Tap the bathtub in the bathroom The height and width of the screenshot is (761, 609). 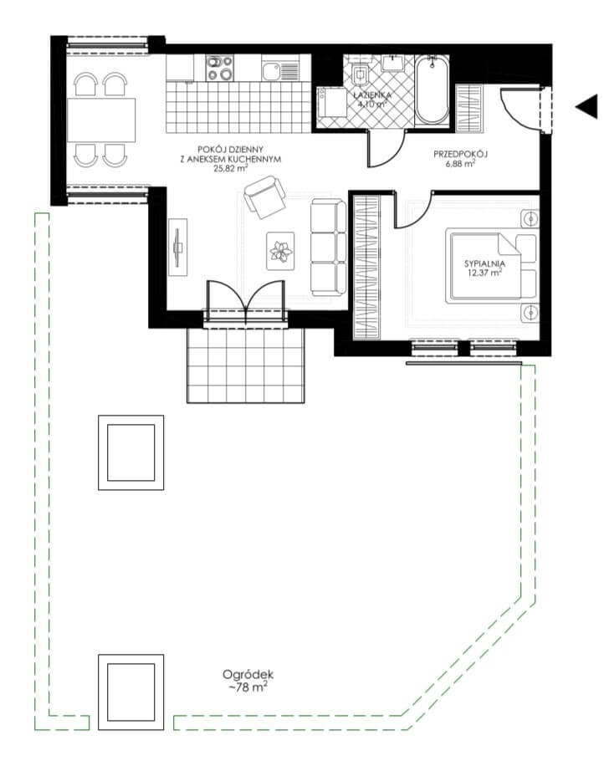coord(432,90)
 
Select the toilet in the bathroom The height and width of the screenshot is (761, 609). coord(361,72)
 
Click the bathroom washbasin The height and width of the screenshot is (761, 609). coord(392,63)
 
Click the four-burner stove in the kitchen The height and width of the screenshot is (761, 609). coord(219,68)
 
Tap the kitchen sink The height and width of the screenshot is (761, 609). coord(279,68)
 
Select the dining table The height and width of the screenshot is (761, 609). coord(101,120)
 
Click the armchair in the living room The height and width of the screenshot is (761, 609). coord(264,197)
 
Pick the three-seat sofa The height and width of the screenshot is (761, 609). coord(329,248)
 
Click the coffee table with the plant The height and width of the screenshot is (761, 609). coord(280,251)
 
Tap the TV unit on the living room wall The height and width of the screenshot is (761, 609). coord(177,247)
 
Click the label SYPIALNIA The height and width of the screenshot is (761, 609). coord(484,264)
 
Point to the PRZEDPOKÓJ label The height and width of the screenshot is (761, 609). coord(460,155)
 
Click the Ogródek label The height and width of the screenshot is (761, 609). coord(248,675)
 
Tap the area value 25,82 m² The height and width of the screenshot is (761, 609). coord(231,169)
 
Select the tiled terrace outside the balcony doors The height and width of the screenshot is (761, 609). coord(246,365)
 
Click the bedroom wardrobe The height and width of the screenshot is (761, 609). coord(366,267)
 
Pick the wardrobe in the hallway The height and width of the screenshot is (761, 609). coord(469,108)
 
